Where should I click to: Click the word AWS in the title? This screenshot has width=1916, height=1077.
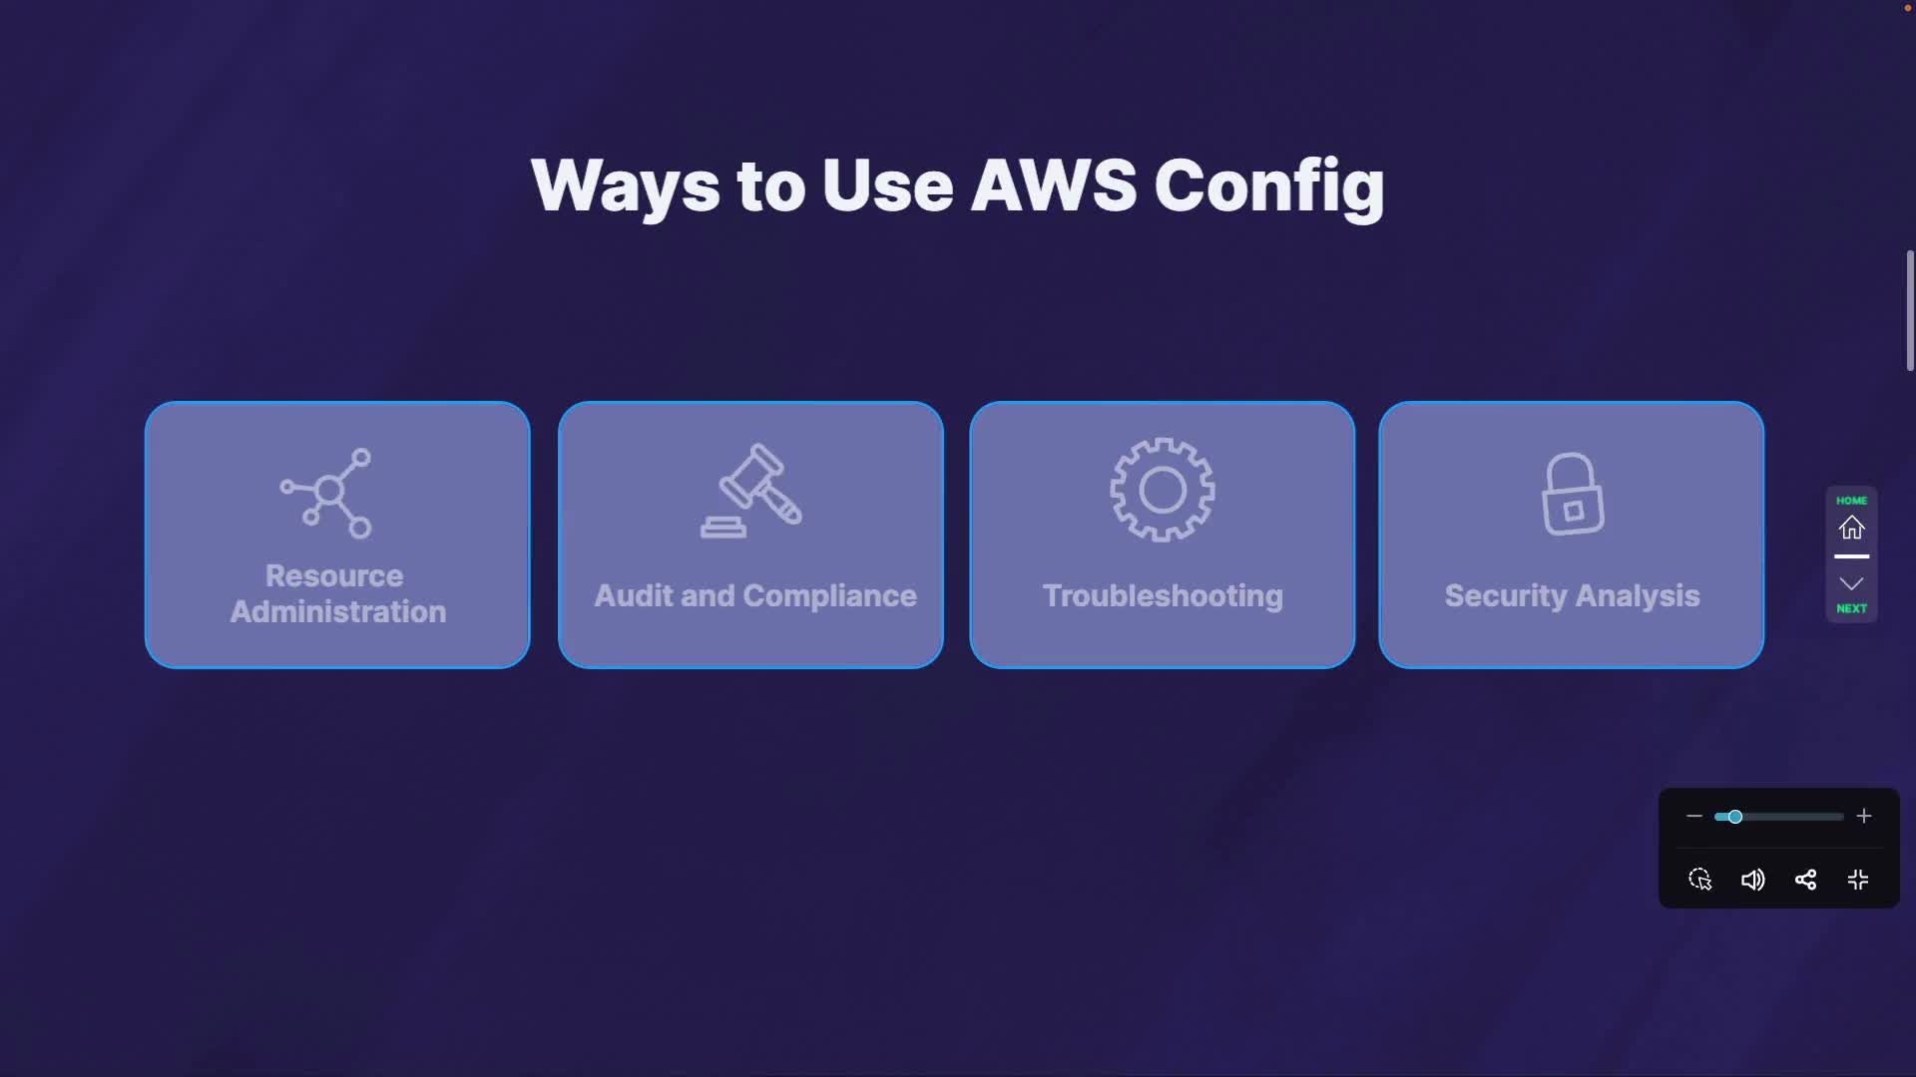(1054, 185)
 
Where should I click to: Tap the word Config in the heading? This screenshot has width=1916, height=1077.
(1269, 187)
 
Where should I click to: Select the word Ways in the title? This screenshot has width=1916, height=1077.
(625, 187)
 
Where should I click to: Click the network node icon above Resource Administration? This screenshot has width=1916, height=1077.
(328, 492)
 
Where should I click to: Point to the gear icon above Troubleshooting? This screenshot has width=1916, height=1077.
(1163, 490)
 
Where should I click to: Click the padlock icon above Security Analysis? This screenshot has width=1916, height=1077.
(1573, 495)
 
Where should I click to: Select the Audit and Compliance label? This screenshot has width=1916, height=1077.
(755, 595)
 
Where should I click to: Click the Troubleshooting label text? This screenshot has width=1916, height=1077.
(1163, 595)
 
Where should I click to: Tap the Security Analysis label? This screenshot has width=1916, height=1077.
(1572, 595)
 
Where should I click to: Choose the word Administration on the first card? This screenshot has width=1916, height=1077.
(338, 611)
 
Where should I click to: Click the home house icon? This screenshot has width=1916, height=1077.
(1852, 528)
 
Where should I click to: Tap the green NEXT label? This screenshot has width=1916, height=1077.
(1852, 608)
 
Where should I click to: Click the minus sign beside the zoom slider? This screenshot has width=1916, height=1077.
(1694, 817)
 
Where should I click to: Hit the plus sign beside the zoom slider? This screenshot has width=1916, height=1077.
(1864, 817)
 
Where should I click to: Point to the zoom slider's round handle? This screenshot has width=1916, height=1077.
(1735, 817)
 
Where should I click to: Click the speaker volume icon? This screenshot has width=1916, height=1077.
(1752, 880)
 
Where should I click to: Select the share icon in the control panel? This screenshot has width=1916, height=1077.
(1805, 880)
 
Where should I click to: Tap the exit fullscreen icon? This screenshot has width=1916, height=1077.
(1858, 880)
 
